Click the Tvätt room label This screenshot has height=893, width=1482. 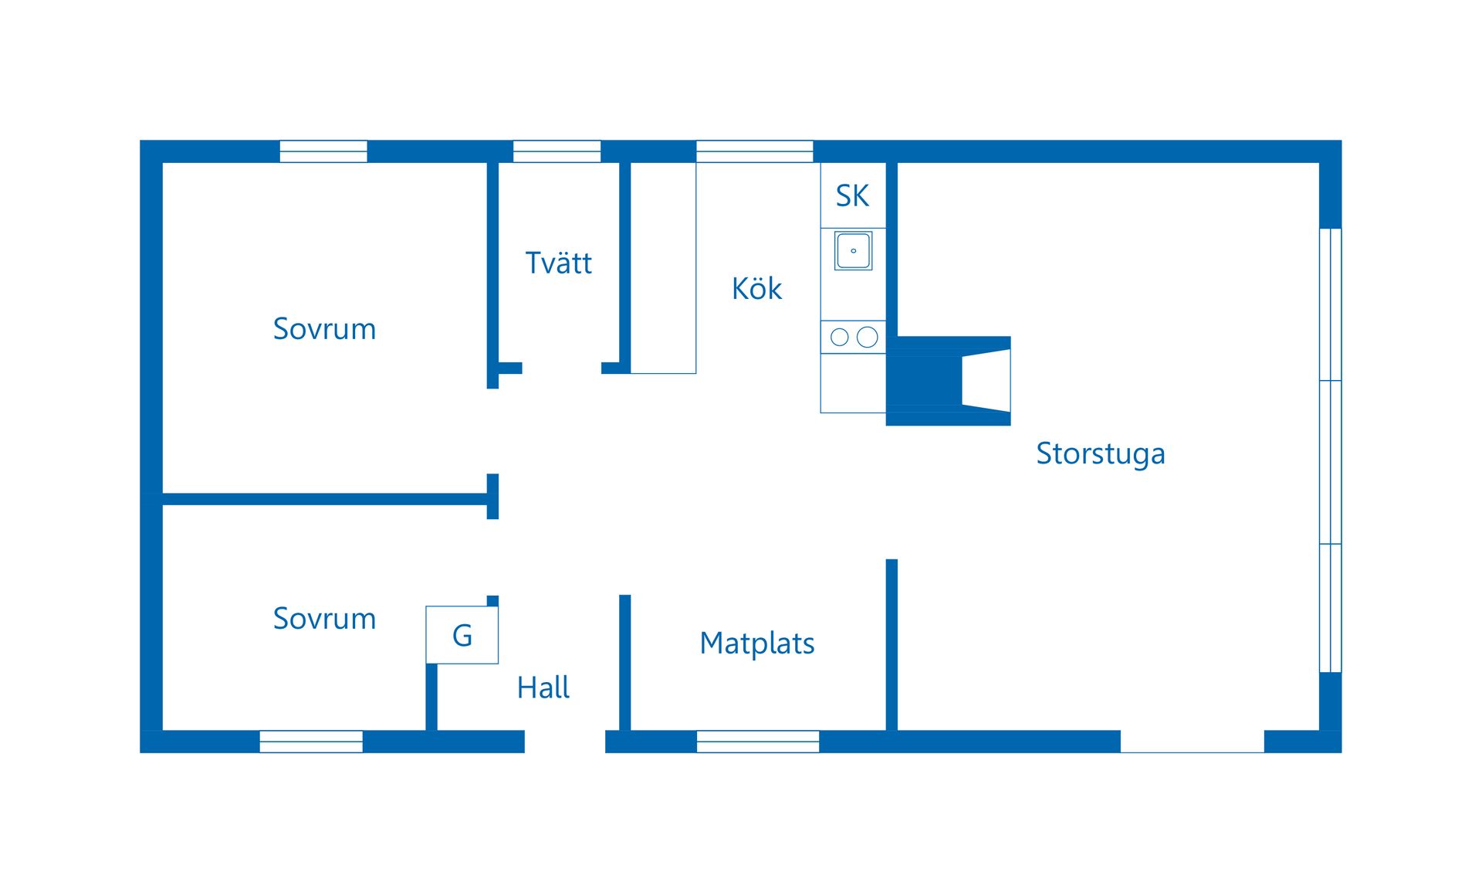pos(558,263)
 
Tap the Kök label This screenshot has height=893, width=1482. pos(756,289)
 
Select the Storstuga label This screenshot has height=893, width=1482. pos(1100,453)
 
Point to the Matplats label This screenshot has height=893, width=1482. pos(756,643)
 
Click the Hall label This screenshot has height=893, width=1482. pos(543,688)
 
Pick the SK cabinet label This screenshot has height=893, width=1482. pos(852,196)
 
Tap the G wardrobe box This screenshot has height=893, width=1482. pos(462,635)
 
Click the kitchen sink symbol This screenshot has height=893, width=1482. pos(853,251)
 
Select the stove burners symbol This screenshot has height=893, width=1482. pos(853,337)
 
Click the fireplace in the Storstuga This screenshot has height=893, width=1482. pos(949,381)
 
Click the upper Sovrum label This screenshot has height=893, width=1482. pos(324,329)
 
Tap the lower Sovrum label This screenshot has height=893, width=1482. pos(324,619)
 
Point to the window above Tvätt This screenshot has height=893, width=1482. pos(557,151)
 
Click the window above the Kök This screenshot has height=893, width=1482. pos(754,151)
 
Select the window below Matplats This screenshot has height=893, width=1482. pos(757,742)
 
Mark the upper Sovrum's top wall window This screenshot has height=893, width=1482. pos(323,151)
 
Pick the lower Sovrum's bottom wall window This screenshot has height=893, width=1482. pos(311,742)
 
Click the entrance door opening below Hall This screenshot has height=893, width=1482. pos(565,742)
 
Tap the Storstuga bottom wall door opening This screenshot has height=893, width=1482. pos(1192,742)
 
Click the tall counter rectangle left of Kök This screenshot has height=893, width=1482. pos(663,267)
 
